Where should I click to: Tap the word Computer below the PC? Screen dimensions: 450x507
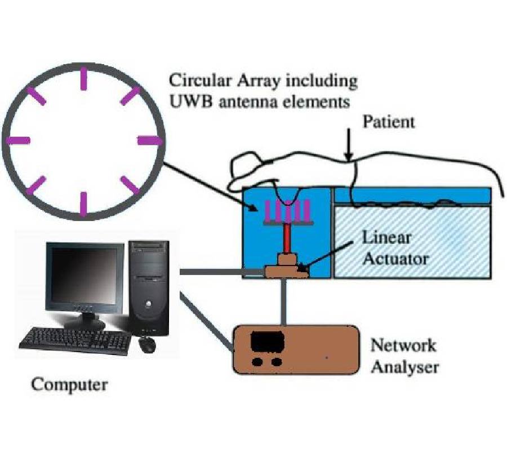click(x=69, y=385)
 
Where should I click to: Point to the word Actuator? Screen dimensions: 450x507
click(x=395, y=259)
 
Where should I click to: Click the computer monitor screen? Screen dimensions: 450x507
click(x=84, y=279)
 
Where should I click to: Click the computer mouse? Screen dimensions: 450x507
click(x=148, y=344)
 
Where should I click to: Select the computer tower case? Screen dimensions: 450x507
click(x=149, y=287)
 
